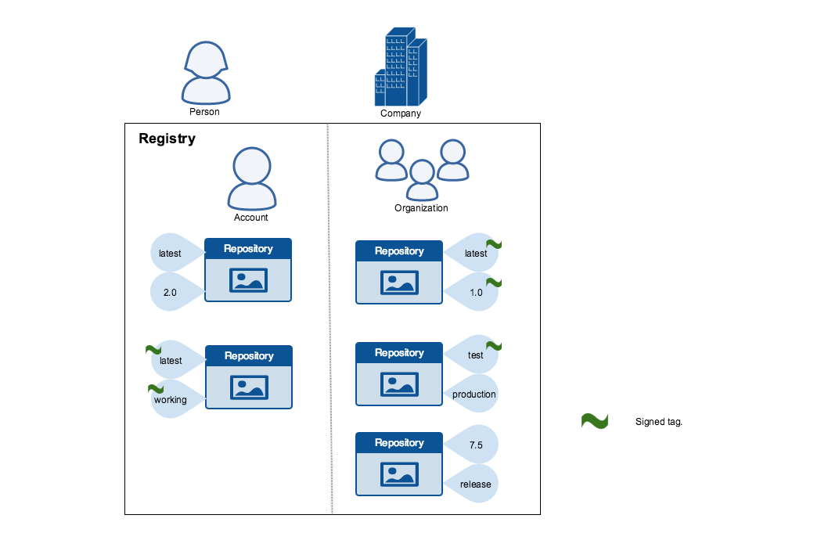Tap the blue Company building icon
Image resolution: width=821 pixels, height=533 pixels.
pos(401,68)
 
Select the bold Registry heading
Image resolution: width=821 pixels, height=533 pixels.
pos(167,139)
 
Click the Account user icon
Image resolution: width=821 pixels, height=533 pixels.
pos(251,178)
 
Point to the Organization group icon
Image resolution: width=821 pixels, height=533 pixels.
pos(422,169)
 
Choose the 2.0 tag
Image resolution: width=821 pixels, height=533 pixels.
pos(171,293)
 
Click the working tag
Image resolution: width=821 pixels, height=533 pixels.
pos(171,399)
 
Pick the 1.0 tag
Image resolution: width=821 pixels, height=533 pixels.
pos(475,293)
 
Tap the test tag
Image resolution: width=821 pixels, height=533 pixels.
pos(475,355)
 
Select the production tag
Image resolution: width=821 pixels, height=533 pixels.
pos(474,394)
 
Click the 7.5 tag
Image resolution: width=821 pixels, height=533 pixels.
pos(475,445)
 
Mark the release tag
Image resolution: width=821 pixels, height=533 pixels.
pos(475,484)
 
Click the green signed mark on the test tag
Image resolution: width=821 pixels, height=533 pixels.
pos(494,346)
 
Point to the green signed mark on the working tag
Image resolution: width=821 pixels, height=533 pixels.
pos(156,388)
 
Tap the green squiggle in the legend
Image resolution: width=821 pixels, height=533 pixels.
pos(595,421)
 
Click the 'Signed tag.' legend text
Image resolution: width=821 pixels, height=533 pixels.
pos(659,422)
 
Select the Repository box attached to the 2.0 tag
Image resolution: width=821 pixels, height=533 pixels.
pos(248,270)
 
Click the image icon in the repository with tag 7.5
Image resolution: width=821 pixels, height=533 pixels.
pos(399,474)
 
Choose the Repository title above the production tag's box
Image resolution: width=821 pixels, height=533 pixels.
pos(399,352)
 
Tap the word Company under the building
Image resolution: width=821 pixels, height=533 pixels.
pos(401,113)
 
